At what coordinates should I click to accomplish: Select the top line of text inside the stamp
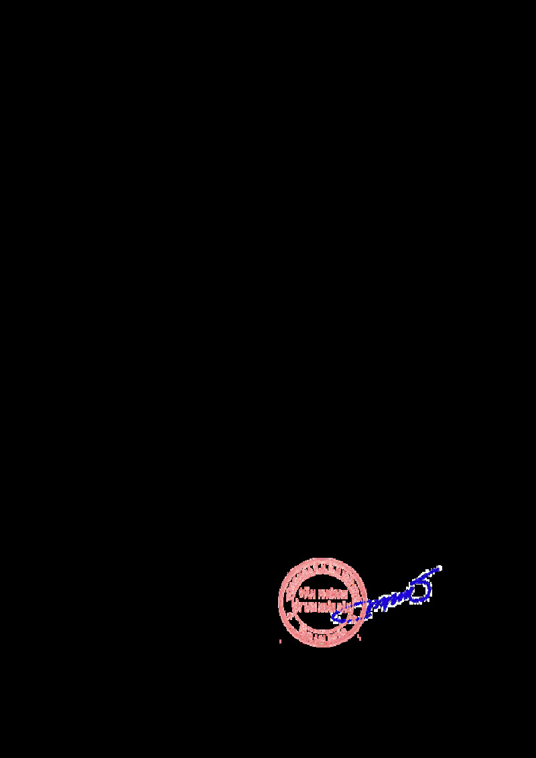(324, 594)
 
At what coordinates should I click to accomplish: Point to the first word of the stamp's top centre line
(308, 594)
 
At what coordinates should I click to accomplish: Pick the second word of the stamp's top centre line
(333, 594)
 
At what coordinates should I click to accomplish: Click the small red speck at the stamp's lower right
(360, 637)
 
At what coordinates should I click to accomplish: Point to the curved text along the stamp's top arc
(322, 569)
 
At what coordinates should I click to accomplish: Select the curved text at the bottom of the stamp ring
(322, 634)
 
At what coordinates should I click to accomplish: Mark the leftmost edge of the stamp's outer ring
(279, 602)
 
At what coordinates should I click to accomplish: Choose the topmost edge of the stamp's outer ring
(322, 559)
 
